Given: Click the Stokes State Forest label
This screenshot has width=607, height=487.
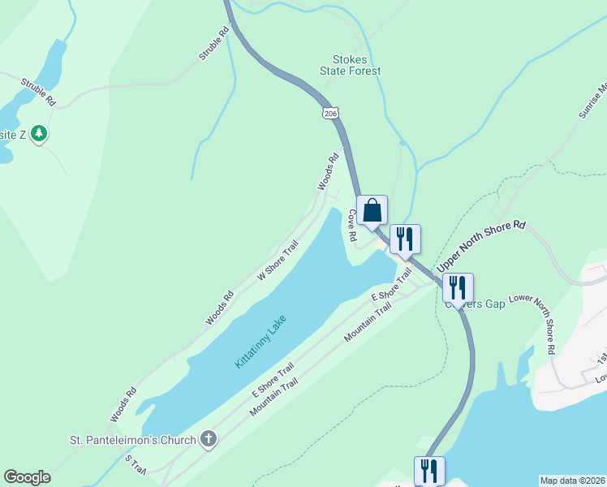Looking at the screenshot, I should coord(356,66).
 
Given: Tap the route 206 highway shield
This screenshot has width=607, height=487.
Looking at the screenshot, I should coord(329,114).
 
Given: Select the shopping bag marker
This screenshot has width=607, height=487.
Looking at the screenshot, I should coord(372,210).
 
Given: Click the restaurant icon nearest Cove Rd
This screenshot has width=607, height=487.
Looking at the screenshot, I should coord(404,239).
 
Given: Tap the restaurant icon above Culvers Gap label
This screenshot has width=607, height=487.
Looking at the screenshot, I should coord(458,287).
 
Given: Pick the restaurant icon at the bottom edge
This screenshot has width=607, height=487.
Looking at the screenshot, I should coord(429,471).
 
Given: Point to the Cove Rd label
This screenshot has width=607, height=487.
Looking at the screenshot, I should coord(352,226).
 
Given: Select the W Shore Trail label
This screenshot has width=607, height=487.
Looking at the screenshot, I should coord(278,260).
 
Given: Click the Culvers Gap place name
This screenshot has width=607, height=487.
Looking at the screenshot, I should coord(476,304).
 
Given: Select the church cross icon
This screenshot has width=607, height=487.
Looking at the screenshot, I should coord(209,440).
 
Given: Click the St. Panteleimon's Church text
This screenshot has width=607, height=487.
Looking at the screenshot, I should coord(132,441).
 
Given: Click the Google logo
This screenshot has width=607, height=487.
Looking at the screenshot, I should coord(27,477).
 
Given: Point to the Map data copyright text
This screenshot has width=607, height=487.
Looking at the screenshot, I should coord(572,480).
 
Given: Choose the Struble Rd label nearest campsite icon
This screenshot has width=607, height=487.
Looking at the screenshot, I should coord(38,92).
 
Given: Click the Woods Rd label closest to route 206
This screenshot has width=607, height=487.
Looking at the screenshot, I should coord(327,173).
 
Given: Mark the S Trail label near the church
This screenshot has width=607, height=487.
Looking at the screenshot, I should coord(135,464).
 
